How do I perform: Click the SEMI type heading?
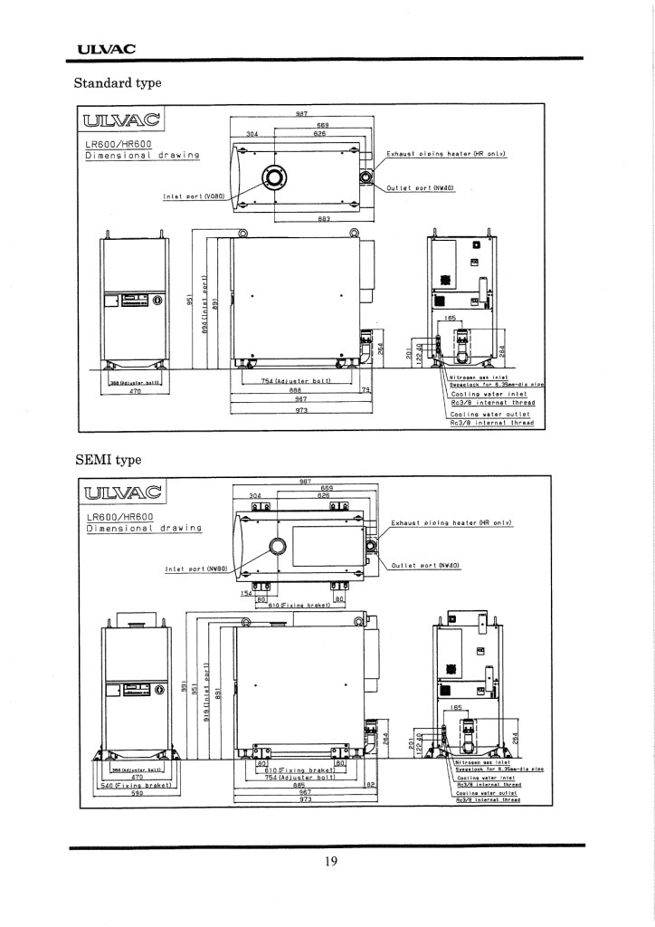coord(108,459)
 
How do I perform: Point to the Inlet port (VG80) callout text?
coord(195,196)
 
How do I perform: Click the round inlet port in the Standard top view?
coord(272,178)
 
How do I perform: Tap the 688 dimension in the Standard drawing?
coord(295,390)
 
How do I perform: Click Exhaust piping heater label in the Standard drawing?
coord(445,154)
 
